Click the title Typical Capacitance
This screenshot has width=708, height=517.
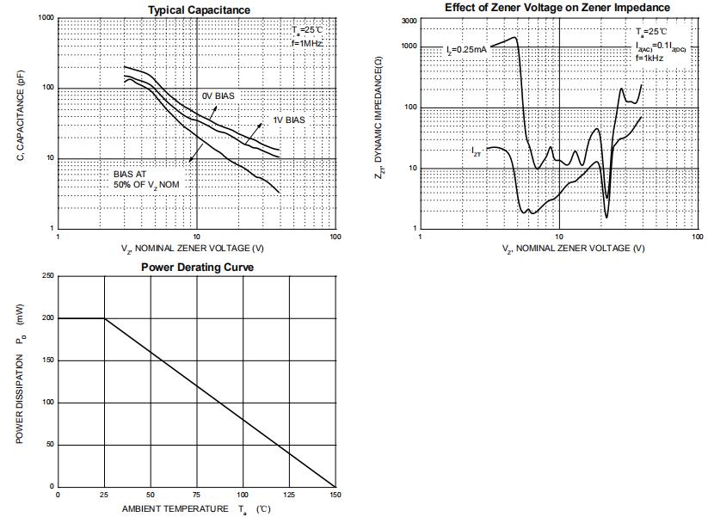point(199,9)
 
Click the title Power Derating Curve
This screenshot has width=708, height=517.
point(197,267)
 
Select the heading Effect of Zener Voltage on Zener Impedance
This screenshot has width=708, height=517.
point(557,7)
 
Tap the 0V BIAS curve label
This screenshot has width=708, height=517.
point(218,95)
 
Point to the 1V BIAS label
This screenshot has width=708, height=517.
point(289,120)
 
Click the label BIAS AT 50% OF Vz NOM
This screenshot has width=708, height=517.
point(146,179)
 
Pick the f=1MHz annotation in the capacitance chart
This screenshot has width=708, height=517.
point(307,41)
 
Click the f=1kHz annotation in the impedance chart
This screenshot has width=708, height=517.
point(650,57)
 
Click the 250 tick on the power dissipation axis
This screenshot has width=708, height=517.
point(47,276)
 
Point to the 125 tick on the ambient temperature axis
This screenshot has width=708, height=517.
point(289,495)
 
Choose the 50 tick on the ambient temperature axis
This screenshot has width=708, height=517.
point(151,495)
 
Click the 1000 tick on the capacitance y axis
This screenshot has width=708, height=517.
point(45,18)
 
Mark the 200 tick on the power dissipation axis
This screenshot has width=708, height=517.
point(47,318)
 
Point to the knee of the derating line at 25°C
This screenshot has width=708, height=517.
point(105,318)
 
